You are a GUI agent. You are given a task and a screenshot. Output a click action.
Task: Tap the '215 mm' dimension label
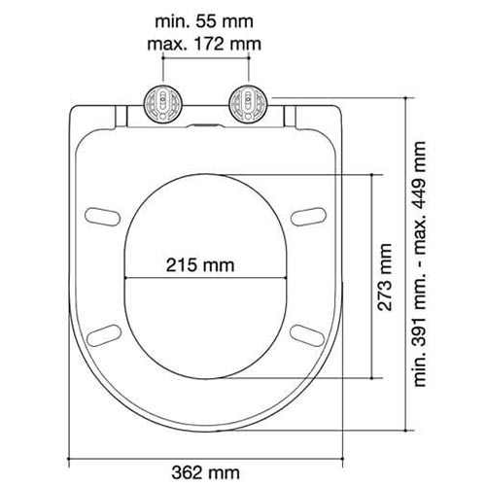click(x=200, y=265)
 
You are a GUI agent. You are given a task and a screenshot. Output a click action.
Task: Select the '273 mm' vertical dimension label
click(x=385, y=277)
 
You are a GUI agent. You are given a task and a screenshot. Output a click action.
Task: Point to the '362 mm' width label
click(x=206, y=472)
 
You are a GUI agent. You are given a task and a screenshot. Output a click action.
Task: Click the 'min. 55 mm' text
click(x=204, y=22)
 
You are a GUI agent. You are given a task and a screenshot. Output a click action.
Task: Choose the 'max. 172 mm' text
click(x=204, y=44)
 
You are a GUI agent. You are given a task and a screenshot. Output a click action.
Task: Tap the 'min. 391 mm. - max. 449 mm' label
click(x=420, y=263)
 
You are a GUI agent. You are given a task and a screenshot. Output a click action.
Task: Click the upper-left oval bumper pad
click(x=102, y=217)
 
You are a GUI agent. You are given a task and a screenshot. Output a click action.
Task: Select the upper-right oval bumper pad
click(x=308, y=217)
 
